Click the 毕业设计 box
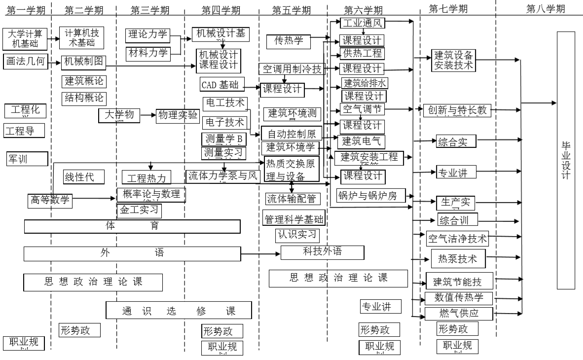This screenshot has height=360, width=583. point(569,160)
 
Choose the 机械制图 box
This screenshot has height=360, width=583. point(83,62)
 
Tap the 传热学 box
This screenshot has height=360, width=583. point(289,42)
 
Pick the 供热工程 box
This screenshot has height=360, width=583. point(363,53)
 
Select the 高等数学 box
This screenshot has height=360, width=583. point(50,200)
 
